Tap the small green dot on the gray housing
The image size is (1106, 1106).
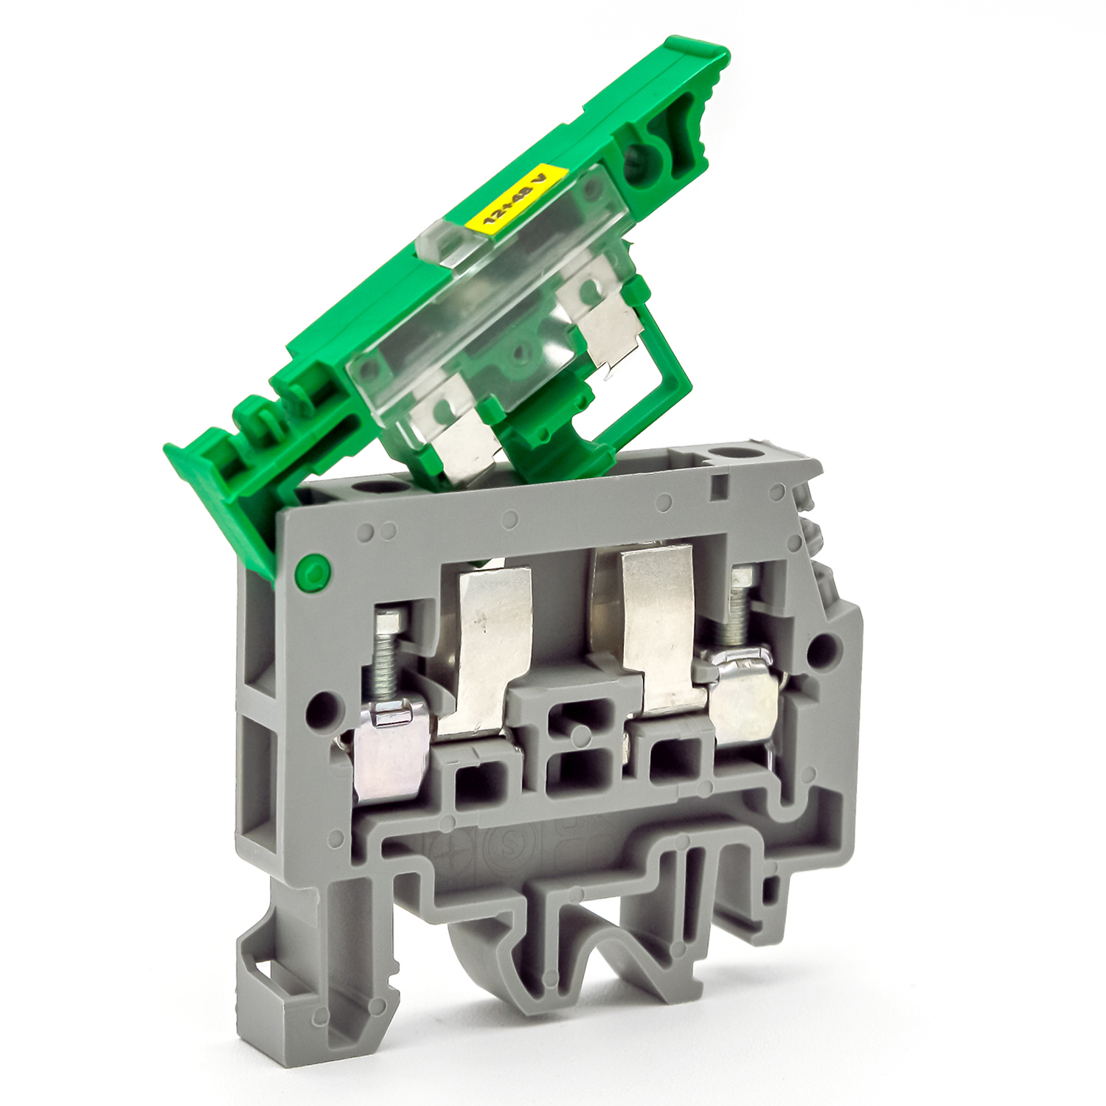coord(310,569)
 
